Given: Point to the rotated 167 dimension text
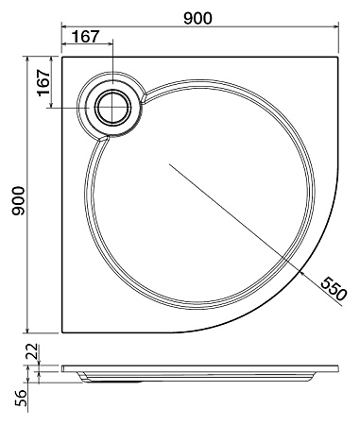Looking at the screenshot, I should tap(43, 82).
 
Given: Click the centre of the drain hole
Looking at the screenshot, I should tap(114, 106).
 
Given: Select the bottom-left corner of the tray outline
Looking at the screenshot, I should tap(61, 333).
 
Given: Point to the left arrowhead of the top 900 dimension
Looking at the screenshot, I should tap(65, 28).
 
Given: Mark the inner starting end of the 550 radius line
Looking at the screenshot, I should tap(170, 163).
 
